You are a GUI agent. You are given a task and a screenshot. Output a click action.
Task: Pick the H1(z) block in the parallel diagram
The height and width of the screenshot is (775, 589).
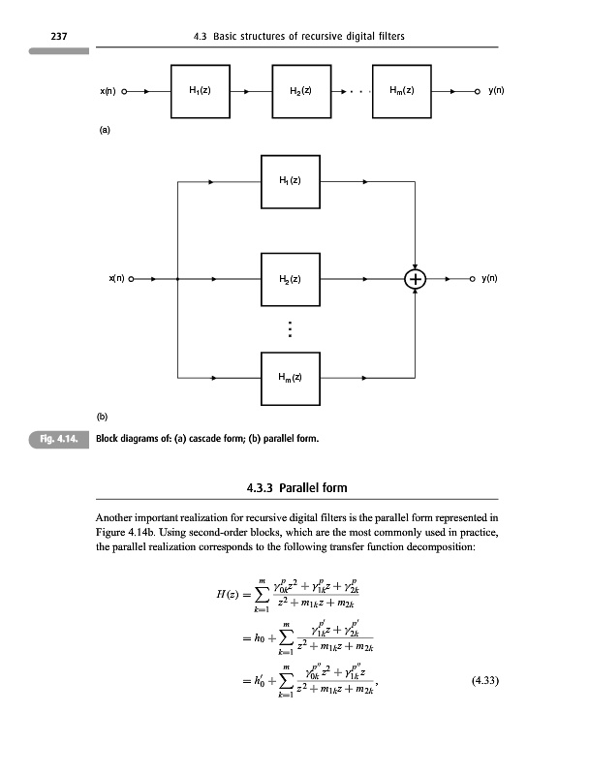coord(290,181)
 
